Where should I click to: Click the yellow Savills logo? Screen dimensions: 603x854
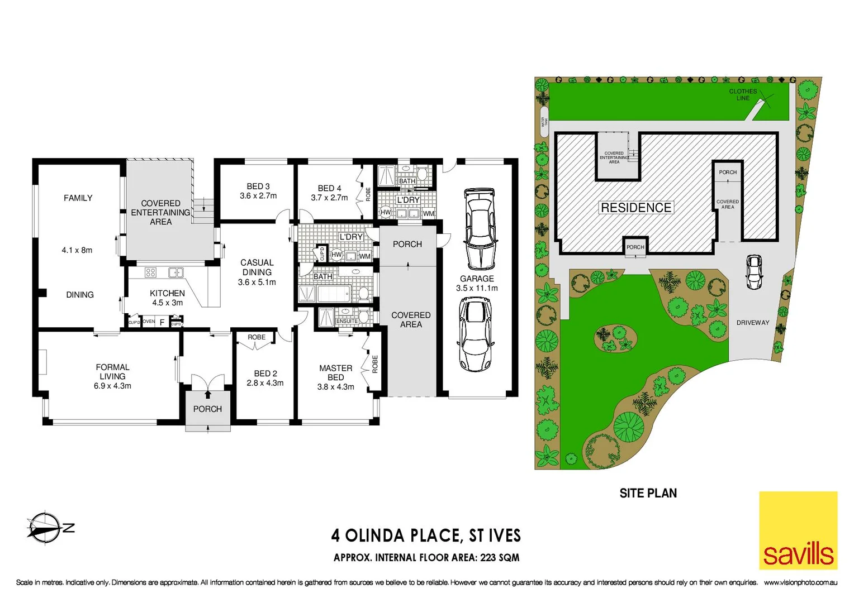pyautogui.click(x=798, y=530)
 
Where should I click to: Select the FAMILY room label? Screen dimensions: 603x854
pyautogui.click(x=78, y=198)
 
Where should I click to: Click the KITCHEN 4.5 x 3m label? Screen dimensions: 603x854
pyautogui.click(x=167, y=298)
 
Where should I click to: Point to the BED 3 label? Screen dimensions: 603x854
pyautogui.click(x=258, y=191)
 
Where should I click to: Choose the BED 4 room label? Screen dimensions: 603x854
pyautogui.click(x=329, y=193)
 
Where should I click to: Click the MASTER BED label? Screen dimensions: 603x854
pyautogui.click(x=335, y=377)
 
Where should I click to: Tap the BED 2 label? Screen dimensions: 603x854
pyautogui.click(x=265, y=378)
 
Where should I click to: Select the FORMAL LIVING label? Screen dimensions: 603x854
pyautogui.click(x=112, y=376)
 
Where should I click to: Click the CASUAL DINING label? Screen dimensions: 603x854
pyautogui.click(x=257, y=272)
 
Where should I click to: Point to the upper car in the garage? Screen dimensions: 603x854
pyautogui.click(x=480, y=229)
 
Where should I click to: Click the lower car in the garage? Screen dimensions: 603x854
pyautogui.click(x=475, y=334)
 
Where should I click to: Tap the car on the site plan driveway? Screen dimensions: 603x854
pyautogui.click(x=755, y=272)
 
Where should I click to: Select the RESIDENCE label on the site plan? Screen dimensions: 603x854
pyautogui.click(x=636, y=208)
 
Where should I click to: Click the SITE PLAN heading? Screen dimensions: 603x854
pyautogui.click(x=648, y=493)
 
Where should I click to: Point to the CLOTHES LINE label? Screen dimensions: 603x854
pyautogui.click(x=743, y=94)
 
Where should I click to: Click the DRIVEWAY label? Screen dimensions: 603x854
pyautogui.click(x=752, y=323)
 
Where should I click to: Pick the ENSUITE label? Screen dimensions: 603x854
pyautogui.click(x=347, y=321)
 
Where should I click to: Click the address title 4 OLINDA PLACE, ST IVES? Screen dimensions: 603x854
pyautogui.click(x=426, y=535)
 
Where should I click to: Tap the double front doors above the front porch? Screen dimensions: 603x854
pyautogui.click(x=207, y=382)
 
